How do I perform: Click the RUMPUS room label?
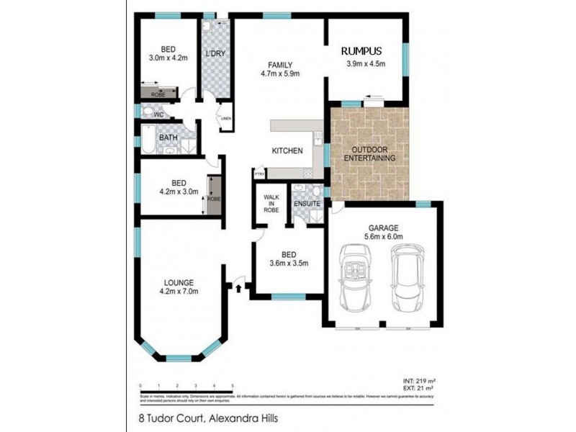point(362,51)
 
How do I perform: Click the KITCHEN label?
point(286,150)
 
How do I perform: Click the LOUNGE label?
point(178,282)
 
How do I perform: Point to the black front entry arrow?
point(238,288)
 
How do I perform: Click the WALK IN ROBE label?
point(271,203)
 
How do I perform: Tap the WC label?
point(161,114)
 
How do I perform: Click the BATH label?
point(168,138)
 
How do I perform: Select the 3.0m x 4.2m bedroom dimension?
point(168,58)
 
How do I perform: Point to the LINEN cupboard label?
point(225,119)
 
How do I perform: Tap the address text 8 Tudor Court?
point(163,416)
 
